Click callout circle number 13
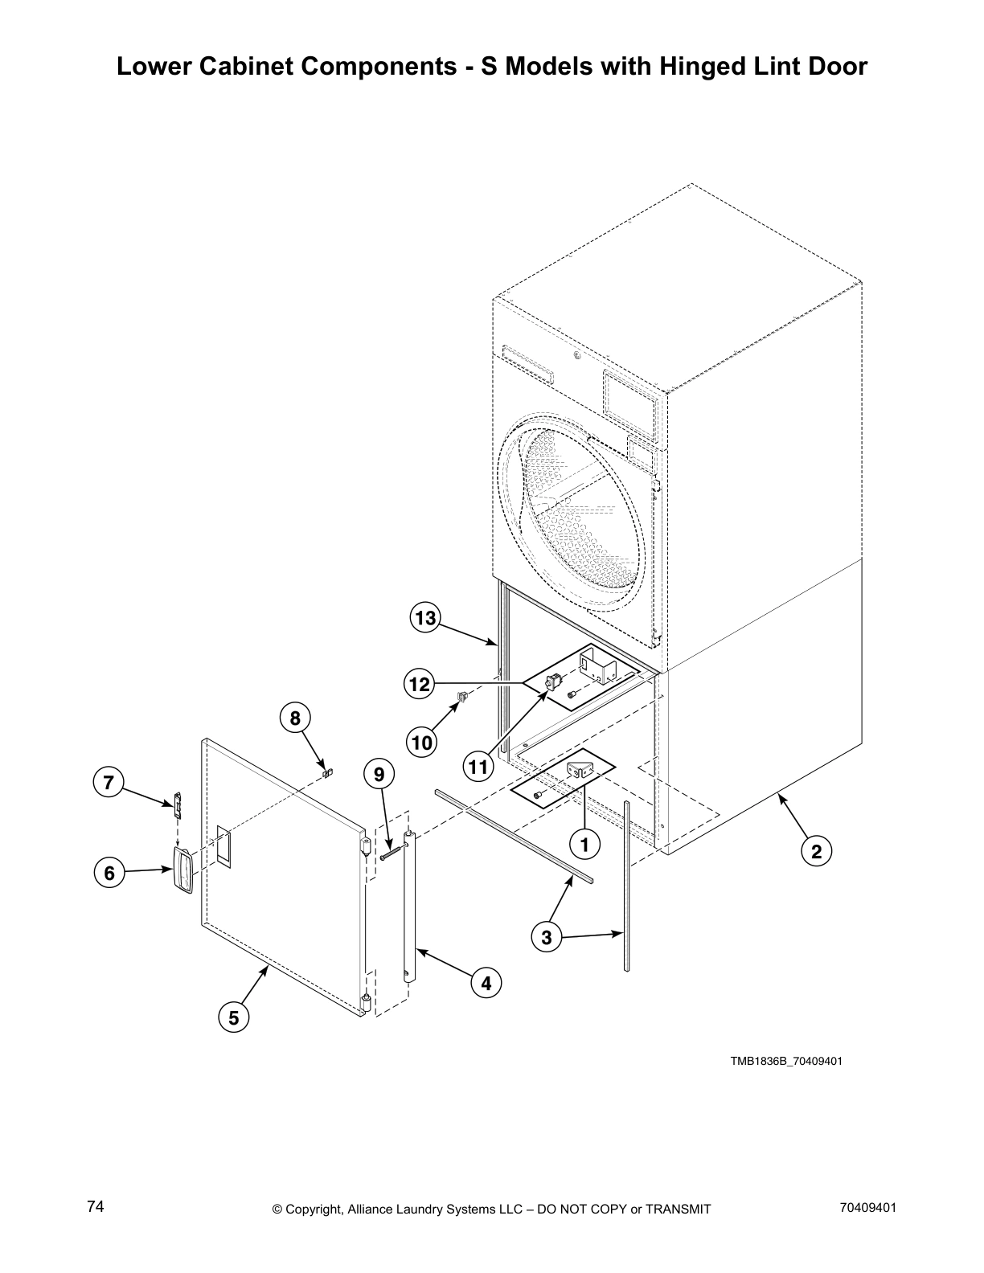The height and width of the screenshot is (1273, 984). (424, 618)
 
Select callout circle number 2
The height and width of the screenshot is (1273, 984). (816, 852)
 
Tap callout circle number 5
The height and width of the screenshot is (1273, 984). (233, 1018)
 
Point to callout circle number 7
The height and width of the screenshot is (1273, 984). (109, 782)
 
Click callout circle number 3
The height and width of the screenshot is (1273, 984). (547, 937)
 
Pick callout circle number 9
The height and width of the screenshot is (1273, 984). (379, 774)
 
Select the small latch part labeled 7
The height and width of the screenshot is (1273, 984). (178, 804)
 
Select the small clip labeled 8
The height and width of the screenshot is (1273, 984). (327, 773)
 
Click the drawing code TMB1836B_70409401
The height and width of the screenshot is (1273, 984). (785, 1061)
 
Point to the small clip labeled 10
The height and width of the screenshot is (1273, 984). (462, 696)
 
